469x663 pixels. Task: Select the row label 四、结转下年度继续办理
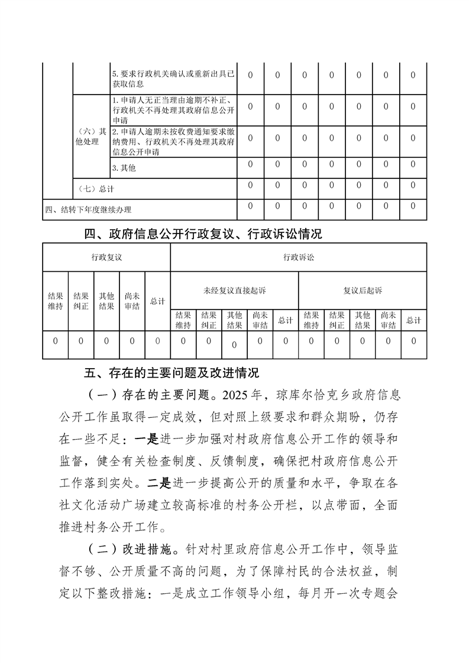[x=88, y=210]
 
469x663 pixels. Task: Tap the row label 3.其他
[x=124, y=168]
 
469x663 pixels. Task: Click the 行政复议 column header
[x=106, y=258]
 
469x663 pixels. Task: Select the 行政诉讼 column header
[x=298, y=258]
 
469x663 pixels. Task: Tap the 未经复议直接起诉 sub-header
[x=234, y=290]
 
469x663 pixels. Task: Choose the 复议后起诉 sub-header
[x=363, y=290]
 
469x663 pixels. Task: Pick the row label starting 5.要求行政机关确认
[x=173, y=80]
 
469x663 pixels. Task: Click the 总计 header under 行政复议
[x=157, y=301]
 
